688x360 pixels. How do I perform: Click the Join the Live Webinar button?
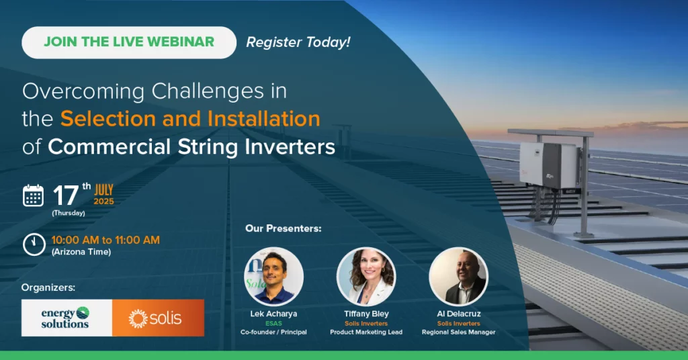click(x=129, y=42)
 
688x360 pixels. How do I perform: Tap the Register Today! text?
click(x=298, y=42)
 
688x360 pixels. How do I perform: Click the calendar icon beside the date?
click(x=33, y=195)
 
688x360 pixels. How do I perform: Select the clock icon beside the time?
click(x=33, y=244)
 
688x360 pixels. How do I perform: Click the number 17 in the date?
click(x=65, y=195)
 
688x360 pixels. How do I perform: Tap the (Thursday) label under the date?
click(x=69, y=213)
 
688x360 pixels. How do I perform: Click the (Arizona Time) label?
click(x=81, y=252)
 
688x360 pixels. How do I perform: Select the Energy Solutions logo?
click(x=66, y=317)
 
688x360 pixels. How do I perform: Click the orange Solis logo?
click(x=157, y=318)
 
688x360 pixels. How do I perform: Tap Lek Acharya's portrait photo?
click(x=273, y=277)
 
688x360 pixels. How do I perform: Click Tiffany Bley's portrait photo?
click(x=366, y=277)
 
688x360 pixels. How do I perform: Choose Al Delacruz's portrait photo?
click(x=458, y=277)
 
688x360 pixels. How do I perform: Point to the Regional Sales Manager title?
click(x=458, y=332)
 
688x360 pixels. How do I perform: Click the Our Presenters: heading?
click(x=283, y=228)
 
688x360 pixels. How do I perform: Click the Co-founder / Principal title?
click(x=273, y=332)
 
